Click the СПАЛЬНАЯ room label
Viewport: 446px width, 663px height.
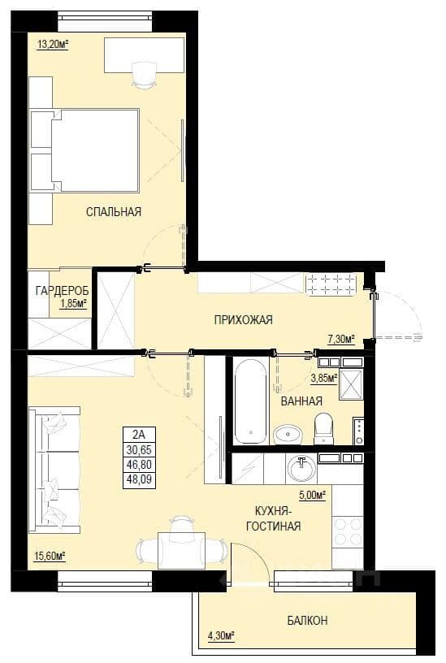click(x=114, y=211)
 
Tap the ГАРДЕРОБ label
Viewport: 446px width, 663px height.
click(x=63, y=291)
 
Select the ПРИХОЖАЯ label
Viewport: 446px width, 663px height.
click(x=243, y=319)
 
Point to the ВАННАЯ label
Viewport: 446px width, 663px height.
click(x=301, y=401)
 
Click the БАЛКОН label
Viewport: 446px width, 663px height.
click(x=307, y=620)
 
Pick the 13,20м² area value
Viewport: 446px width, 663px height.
click(x=53, y=44)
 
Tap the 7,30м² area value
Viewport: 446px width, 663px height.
click(x=340, y=338)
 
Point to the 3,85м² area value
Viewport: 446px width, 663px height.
click(x=324, y=378)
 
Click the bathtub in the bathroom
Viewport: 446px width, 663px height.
click(x=251, y=401)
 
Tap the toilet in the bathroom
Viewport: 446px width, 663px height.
click(x=324, y=428)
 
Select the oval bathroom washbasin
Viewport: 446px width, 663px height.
click(x=288, y=434)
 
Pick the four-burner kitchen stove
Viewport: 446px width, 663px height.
click(x=348, y=531)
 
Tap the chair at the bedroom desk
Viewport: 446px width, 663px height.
click(x=144, y=76)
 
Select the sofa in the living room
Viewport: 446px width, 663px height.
click(x=54, y=470)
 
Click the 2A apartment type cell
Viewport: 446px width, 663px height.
click(x=139, y=434)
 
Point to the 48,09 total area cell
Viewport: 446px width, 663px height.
click(x=139, y=480)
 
